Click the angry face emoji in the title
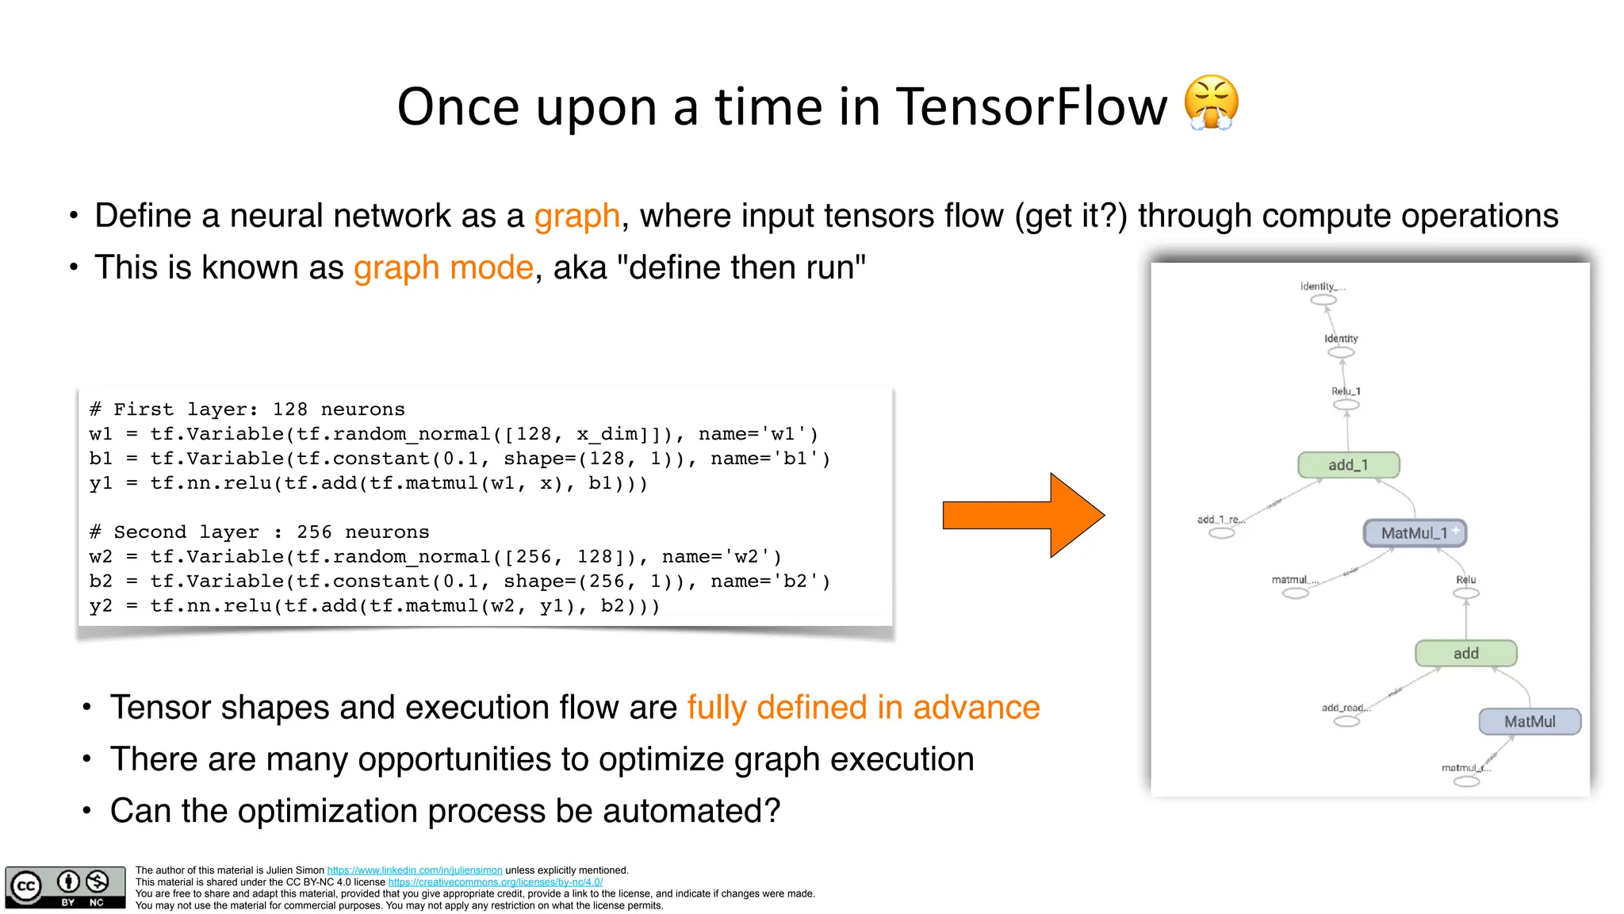pyautogui.click(x=1210, y=103)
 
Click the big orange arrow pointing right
pyautogui.click(x=1022, y=515)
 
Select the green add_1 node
pyautogui.click(x=1348, y=465)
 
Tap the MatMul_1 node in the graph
pyautogui.click(x=1415, y=533)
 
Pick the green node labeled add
pyautogui.click(x=1465, y=653)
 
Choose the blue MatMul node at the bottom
pyautogui.click(x=1530, y=721)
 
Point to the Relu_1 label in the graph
pyautogui.click(x=1346, y=391)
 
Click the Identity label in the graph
pyautogui.click(x=1341, y=339)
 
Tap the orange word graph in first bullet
pyautogui.click(x=576, y=216)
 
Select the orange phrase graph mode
pyautogui.click(x=443, y=267)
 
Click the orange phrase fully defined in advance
pyautogui.click(x=863, y=707)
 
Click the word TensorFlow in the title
pyautogui.click(x=1032, y=106)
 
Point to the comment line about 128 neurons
pyautogui.click(x=247, y=409)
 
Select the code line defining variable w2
pyautogui.click(x=435, y=557)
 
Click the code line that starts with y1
pyautogui.click(x=368, y=483)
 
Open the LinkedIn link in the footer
pyautogui.click(x=415, y=870)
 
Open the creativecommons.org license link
pyautogui.click(x=495, y=882)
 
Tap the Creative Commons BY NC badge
pyautogui.click(x=65, y=887)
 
